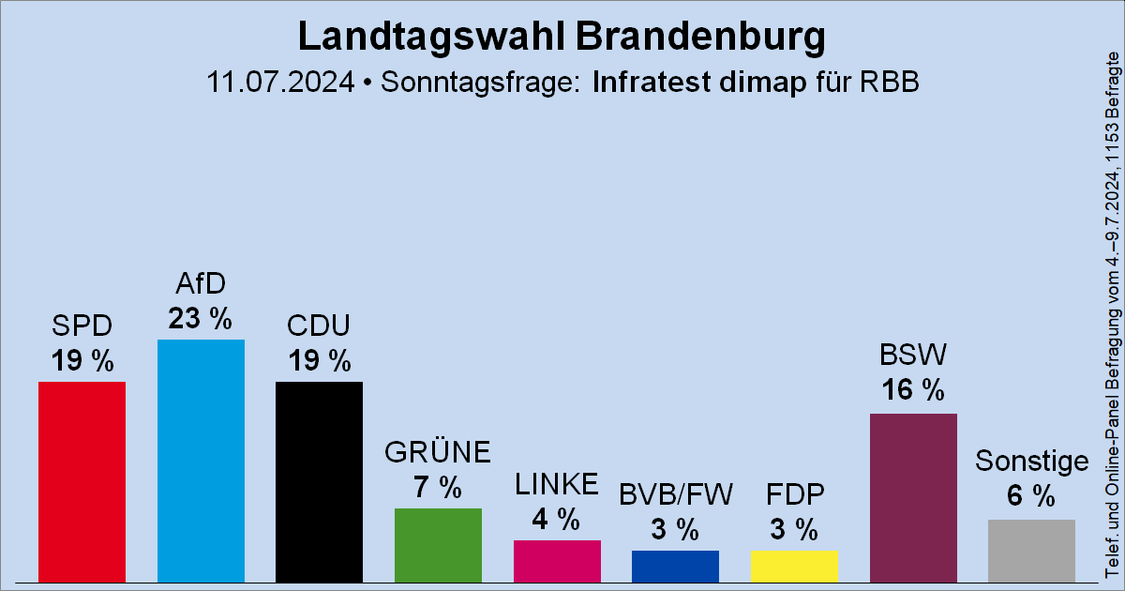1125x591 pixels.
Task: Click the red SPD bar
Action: click(x=82, y=481)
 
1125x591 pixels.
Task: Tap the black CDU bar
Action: click(x=319, y=481)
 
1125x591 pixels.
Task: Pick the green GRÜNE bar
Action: click(x=438, y=544)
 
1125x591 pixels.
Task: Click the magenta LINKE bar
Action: click(x=557, y=560)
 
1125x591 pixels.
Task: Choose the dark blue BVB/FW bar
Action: click(x=675, y=566)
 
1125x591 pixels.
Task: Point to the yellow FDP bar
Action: click(x=794, y=566)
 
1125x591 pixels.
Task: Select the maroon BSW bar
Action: click(x=913, y=497)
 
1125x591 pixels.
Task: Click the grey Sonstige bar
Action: click(x=1031, y=550)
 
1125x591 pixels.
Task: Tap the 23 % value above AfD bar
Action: click(x=201, y=319)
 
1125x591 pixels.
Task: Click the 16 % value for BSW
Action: click(x=913, y=390)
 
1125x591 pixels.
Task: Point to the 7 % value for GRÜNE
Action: click(x=438, y=487)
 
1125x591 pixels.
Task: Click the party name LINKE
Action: click(x=557, y=484)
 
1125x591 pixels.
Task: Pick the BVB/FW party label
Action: click(x=675, y=493)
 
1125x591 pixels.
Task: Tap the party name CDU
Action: click(x=319, y=326)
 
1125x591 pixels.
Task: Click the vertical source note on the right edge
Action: click(x=1112, y=314)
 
